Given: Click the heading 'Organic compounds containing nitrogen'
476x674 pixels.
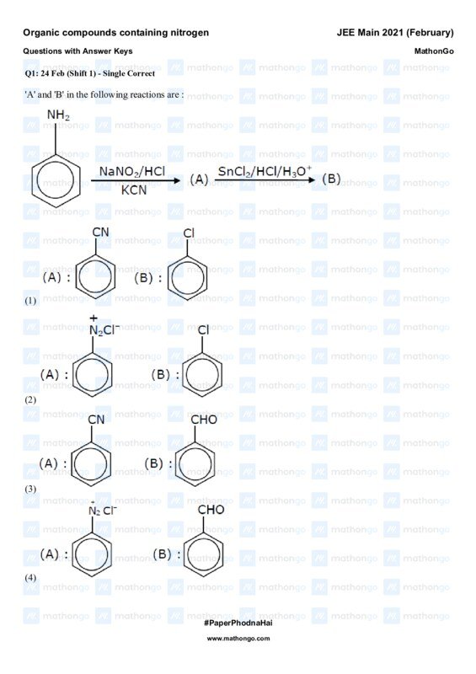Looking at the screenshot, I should coord(115,33).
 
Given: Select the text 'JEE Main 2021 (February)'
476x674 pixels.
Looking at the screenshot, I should coord(394,33).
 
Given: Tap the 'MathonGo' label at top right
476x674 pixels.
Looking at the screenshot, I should coord(434,51).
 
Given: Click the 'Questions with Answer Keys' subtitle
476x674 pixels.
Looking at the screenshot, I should coord(78,51).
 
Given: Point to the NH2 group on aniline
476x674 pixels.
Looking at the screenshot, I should coord(58,115).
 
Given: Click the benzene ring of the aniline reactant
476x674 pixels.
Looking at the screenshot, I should coord(56,181).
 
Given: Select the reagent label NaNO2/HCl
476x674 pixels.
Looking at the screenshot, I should coord(132,171).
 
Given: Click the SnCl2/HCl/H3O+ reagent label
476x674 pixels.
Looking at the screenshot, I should coord(265,171).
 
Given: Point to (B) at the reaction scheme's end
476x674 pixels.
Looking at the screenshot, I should coord(332,179).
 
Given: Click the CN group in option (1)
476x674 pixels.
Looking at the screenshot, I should coord(100,232).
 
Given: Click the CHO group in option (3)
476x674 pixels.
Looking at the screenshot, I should coord(204,420).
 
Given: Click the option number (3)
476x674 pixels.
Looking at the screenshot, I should coord(31,489).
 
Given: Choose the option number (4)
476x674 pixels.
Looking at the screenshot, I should coord(31,578).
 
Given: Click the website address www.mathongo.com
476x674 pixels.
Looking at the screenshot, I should coord(238,639).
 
